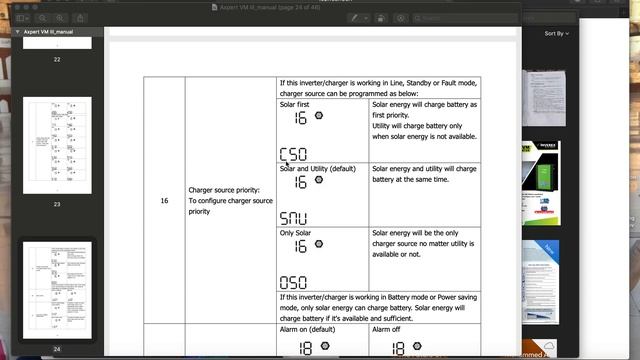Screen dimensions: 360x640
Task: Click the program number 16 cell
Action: coord(164,200)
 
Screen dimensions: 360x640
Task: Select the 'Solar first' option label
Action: coord(298,104)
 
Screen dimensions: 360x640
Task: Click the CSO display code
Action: coord(293,154)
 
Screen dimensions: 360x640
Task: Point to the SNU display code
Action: coord(293,218)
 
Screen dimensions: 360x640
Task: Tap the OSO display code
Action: coord(293,282)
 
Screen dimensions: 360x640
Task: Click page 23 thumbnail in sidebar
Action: coord(57,145)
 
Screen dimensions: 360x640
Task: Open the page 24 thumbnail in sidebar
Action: coord(57,290)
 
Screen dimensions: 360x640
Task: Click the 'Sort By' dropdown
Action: coord(556,33)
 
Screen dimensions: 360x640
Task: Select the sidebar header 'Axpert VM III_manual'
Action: coord(51,32)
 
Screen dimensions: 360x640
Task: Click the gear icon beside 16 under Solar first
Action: coord(318,117)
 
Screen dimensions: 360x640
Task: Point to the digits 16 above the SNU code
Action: coord(300,182)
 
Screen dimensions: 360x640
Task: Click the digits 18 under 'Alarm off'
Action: coord(398,348)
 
